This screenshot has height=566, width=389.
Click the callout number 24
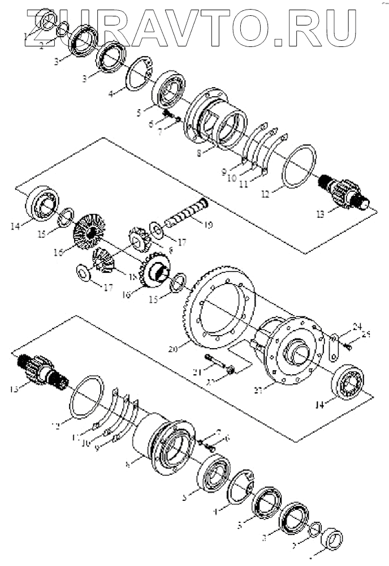[357, 326]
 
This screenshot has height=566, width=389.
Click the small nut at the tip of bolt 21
[231, 371]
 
